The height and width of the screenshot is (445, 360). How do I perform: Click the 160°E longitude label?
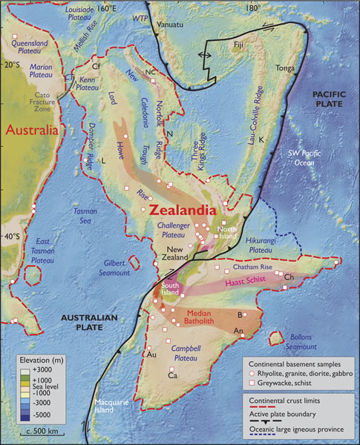pos(108,7)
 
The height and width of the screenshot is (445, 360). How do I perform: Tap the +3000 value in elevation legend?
pos(49,369)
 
